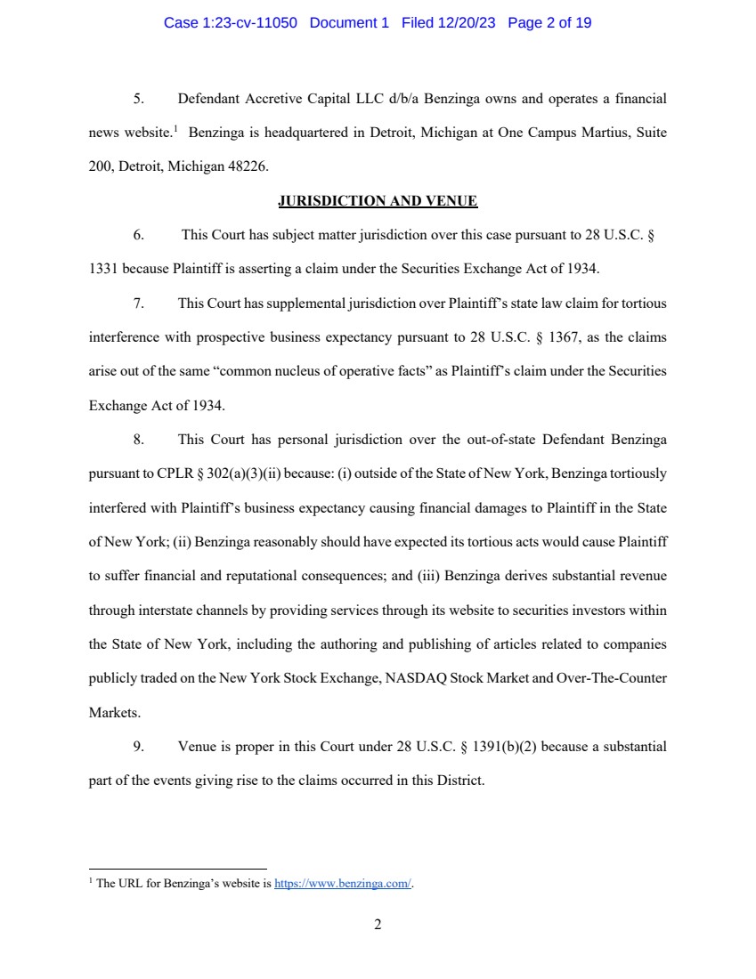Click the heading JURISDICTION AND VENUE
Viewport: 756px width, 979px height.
tap(378, 201)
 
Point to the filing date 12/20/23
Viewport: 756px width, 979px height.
tap(468, 23)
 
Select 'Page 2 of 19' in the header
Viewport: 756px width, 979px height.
tap(549, 23)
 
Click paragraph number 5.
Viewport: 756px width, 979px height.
tap(139, 98)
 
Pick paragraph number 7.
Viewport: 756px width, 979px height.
tap(139, 303)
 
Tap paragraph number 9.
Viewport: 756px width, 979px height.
tap(139, 747)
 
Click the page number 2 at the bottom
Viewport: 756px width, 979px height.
tap(378, 925)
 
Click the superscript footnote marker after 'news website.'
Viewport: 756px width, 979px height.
tap(176, 130)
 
